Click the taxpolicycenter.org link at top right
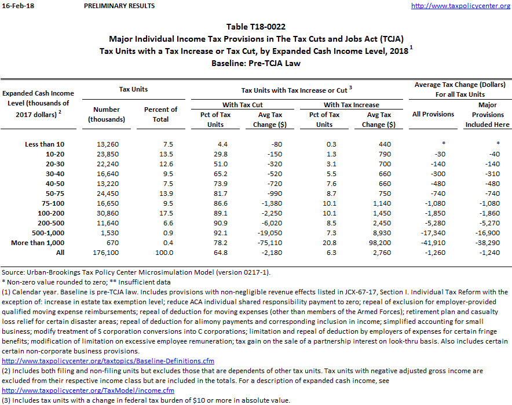[460, 6]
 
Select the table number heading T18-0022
[256, 27]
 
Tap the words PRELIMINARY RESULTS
[119, 6]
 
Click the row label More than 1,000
[38, 242]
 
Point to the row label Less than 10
[45, 144]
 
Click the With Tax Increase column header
[351, 105]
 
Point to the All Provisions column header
[433, 114]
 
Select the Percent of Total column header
[160, 114]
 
